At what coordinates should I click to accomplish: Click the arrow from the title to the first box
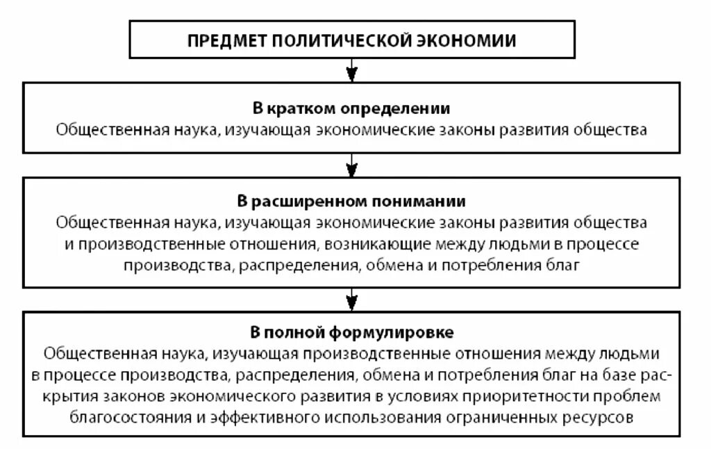click(352, 70)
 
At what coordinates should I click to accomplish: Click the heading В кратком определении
click(351, 109)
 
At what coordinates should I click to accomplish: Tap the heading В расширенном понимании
click(351, 202)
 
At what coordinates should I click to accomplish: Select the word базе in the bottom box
click(614, 375)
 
